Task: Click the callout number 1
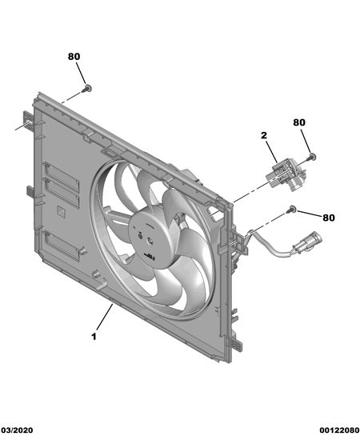click(94, 337)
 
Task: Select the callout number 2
click(264, 135)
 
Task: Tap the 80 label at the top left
click(74, 57)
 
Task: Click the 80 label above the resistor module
click(299, 122)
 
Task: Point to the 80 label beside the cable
click(329, 218)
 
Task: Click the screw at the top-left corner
click(87, 89)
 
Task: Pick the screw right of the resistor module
click(311, 158)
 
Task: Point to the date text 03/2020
click(17, 430)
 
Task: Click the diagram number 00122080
click(339, 430)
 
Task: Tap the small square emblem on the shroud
click(62, 211)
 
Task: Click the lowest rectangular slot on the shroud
click(62, 246)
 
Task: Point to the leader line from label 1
click(105, 318)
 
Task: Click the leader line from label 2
click(271, 152)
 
